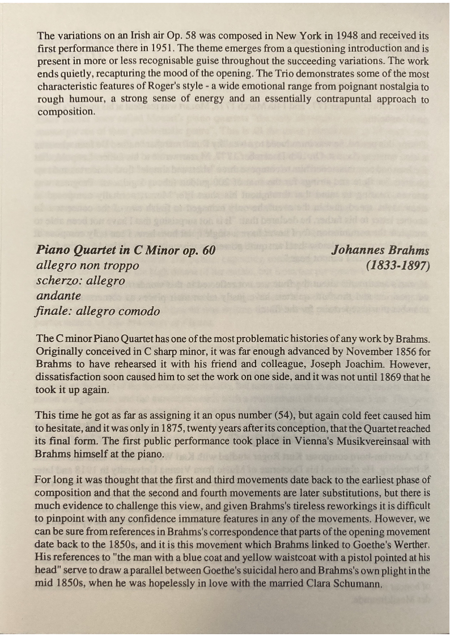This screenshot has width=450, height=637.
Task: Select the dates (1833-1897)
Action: coord(398,265)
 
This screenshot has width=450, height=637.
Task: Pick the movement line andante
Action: coord(58,296)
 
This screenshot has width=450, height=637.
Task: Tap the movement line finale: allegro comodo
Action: coord(97,311)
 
